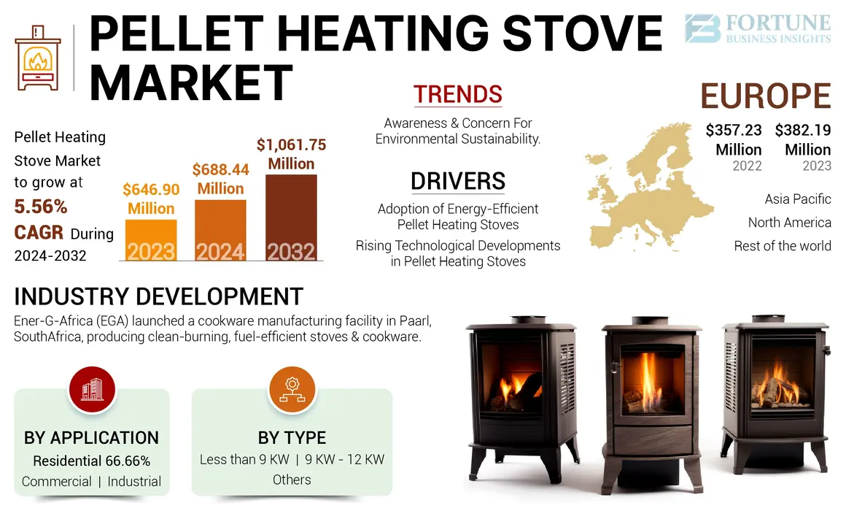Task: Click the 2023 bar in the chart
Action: pyautogui.click(x=151, y=240)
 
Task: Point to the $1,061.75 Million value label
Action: pyautogui.click(x=291, y=154)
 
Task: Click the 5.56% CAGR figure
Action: pyautogui.click(x=41, y=207)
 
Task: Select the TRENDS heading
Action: pyautogui.click(x=458, y=94)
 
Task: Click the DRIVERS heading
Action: pyautogui.click(x=458, y=180)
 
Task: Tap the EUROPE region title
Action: pyautogui.click(x=765, y=96)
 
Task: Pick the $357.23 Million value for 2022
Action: pyautogui.click(x=734, y=139)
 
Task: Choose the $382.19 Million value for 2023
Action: pyautogui.click(x=803, y=139)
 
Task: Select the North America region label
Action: pyautogui.click(x=789, y=223)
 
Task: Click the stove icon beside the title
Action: pyautogui.click(x=38, y=56)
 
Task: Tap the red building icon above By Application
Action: pyautogui.click(x=92, y=391)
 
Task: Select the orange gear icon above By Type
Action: pyautogui.click(x=292, y=391)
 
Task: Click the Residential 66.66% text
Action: pyautogui.click(x=92, y=461)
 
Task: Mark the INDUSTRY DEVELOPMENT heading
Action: pyautogui.click(x=158, y=296)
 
